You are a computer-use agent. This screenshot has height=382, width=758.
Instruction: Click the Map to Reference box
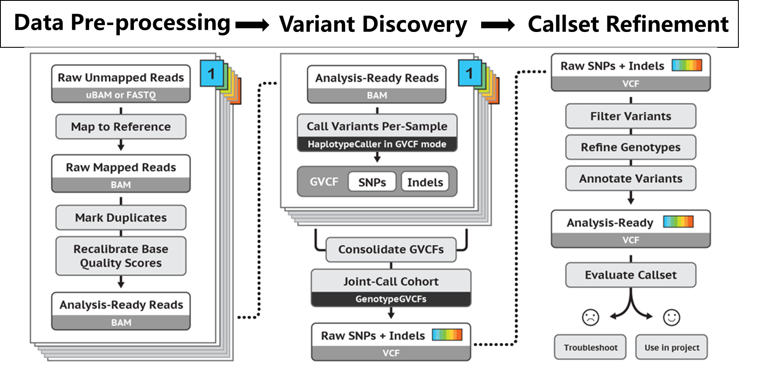point(121,127)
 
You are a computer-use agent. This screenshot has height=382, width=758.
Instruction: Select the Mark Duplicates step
point(121,217)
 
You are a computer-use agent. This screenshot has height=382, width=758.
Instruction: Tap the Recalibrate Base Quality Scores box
point(121,256)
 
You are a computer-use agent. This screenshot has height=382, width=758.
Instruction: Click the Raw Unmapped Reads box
point(121,78)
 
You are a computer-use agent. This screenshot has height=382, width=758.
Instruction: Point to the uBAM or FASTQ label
point(121,95)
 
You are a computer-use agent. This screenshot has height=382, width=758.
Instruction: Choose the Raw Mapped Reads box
point(121,167)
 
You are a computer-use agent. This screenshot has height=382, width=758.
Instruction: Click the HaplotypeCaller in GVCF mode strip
point(377,144)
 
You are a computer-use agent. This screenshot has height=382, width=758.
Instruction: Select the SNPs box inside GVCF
point(372,182)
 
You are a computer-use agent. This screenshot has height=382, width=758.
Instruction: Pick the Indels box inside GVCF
point(425,182)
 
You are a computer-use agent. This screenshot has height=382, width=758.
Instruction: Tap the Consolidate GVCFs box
point(391,249)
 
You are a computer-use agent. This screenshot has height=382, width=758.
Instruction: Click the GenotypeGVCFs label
point(391,299)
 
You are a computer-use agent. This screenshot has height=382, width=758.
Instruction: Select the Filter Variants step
point(630,116)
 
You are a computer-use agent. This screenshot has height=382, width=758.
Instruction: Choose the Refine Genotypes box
point(630,147)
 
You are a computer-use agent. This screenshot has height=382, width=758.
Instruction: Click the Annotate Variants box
point(630,178)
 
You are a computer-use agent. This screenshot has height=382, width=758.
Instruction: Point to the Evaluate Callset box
point(630,275)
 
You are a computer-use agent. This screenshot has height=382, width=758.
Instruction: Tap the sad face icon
point(590,317)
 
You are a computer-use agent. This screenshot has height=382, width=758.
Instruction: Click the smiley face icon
point(671,317)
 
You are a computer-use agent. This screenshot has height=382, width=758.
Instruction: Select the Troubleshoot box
point(590,347)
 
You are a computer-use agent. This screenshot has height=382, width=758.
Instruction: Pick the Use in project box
point(671,347)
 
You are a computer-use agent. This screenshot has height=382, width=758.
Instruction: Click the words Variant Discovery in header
point(373,24)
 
